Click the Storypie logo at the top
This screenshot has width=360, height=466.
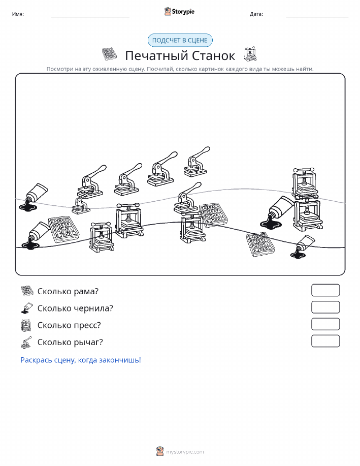[179, 12]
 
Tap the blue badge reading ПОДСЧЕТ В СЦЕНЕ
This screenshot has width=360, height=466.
[180, 41]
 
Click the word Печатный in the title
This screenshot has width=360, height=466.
[156, 55]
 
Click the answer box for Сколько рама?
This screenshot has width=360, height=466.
[325, 290]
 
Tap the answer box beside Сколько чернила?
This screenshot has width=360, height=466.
[325, 307]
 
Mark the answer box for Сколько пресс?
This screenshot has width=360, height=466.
[325, 324]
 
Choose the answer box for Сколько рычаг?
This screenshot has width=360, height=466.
[325, 341]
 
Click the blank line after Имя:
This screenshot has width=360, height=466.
[90, 17]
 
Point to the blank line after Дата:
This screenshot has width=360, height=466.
[317, 17]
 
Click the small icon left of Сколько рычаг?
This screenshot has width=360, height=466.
[26, 343]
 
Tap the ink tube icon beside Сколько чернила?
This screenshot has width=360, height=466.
[27, 308]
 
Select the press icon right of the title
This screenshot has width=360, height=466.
[250, 54]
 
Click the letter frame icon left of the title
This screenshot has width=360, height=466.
[109, 54]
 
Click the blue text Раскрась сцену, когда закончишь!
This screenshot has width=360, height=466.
[81, 360]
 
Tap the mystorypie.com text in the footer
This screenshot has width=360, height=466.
[185, 452]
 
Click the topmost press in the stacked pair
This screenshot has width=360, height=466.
[304, 183]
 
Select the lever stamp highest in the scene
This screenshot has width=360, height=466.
[197, 162]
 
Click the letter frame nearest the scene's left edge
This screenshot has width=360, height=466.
[63, 230]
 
